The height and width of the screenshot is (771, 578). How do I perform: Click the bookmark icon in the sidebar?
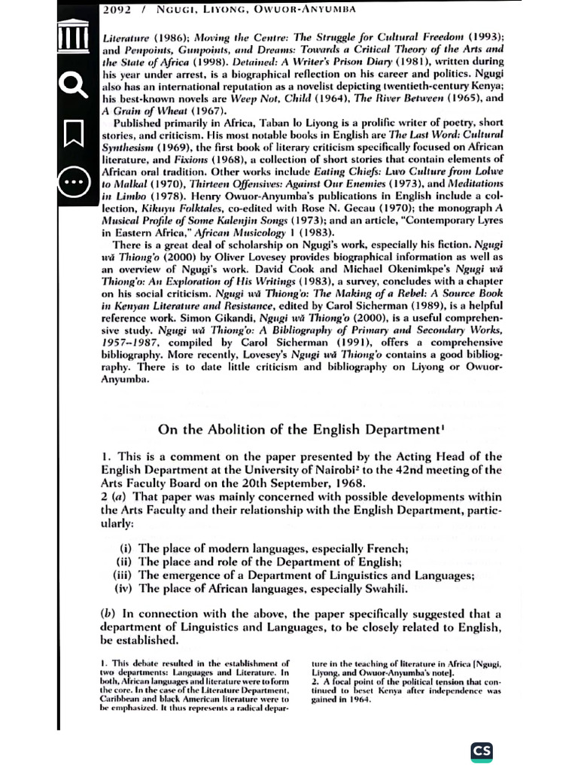(x=74, y=134)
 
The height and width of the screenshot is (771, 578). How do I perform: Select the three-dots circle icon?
(x=74, y=182)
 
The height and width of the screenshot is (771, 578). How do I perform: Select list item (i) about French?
(x=260, y=548)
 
